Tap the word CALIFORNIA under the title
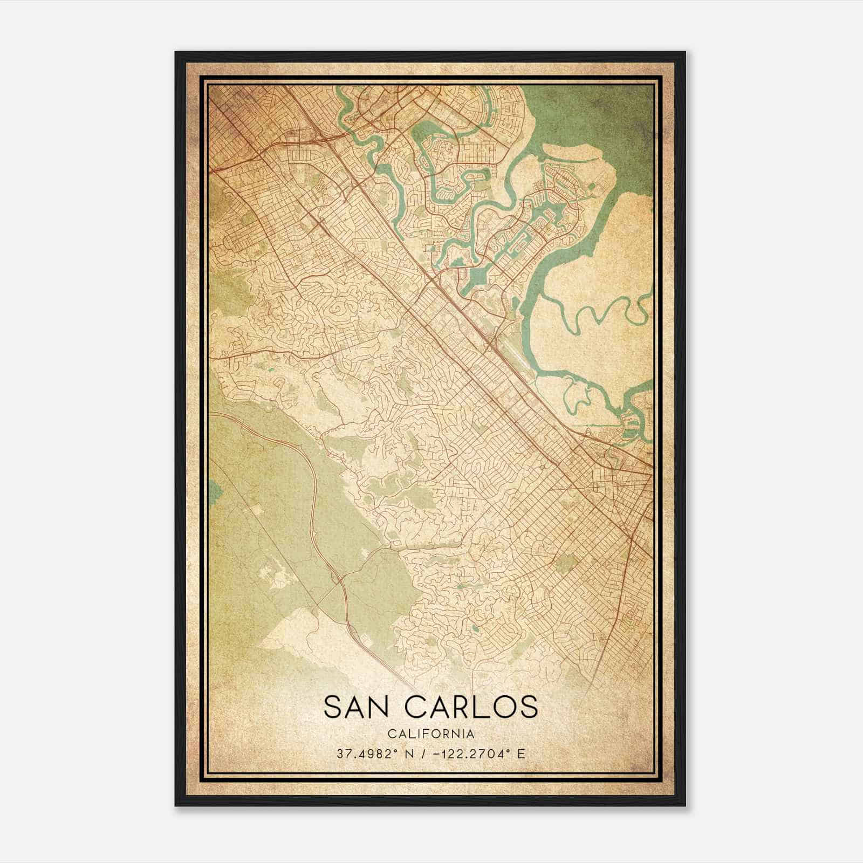pyautogui.click(x=431, y=734)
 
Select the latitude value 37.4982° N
pyautogui.click(x=373, y=754)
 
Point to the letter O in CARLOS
pyautogui.click(x=508, y=707)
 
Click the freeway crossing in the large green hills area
pyautogui.click(x=339, y=580)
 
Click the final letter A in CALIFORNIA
pyautogui.click(x=471, y=734)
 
